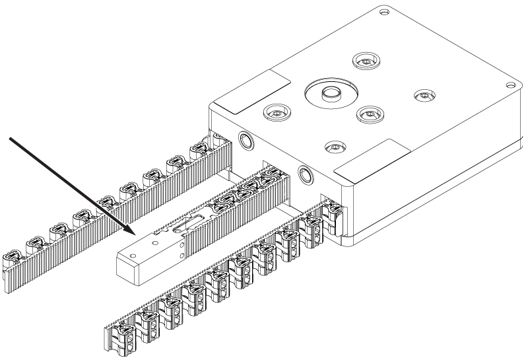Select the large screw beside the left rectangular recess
[x=276, y=113]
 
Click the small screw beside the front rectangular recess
[x=336, y=145]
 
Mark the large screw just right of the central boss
[x=370, y=114]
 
